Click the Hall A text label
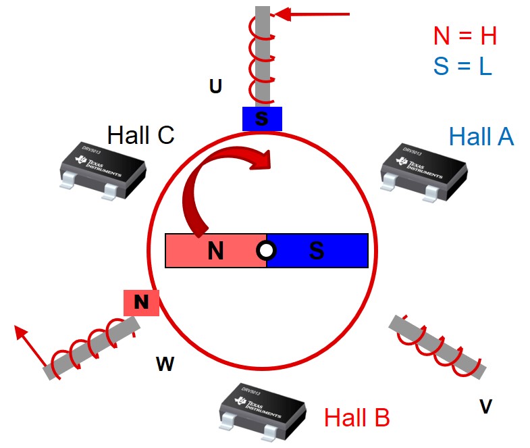481,137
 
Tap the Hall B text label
356,418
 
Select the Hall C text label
140,135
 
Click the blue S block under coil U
262,119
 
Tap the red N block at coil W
141,302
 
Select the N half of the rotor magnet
215,251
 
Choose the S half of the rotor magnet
317,251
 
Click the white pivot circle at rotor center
267,251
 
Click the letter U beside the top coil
215,86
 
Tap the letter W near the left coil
165,365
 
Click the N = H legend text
465,36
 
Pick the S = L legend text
462,67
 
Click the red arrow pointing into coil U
314,14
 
